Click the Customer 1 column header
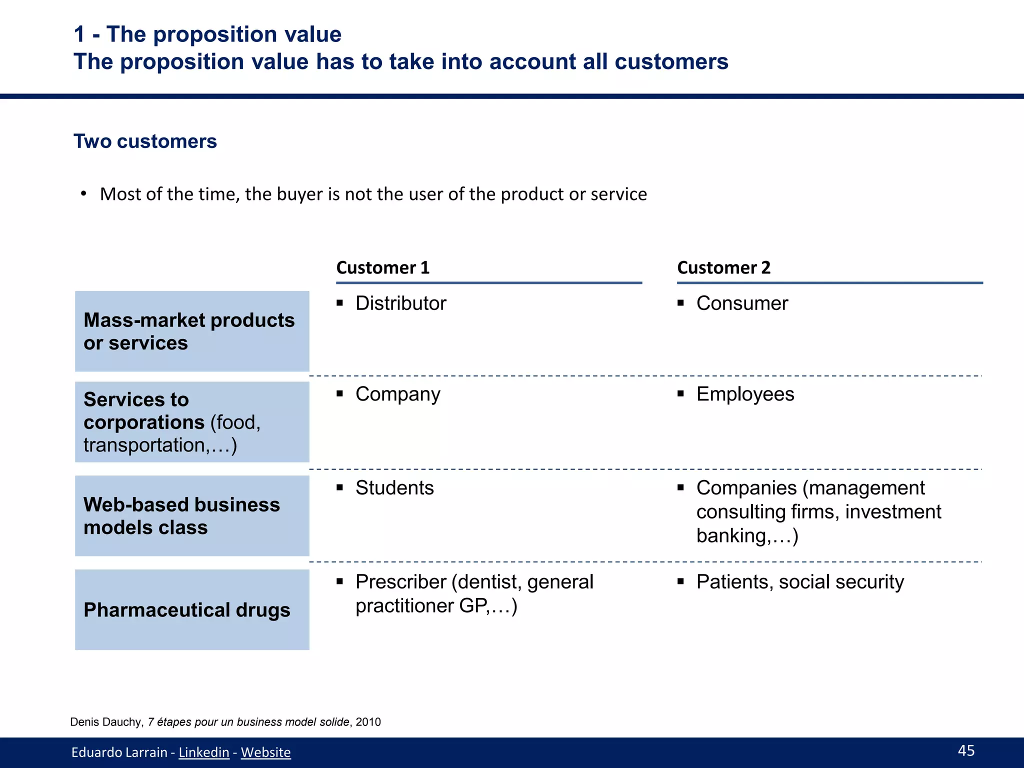[x=383, y=268]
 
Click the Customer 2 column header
[x=723, y=268]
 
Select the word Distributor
[x=400, y=303]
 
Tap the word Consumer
[x=742, y=303]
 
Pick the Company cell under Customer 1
[x=397, y=394]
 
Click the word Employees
[x=745, y=394]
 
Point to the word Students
[x=394, y=488]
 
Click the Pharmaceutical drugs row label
[x=187, y=610]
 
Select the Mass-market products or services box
[x=191, y=331]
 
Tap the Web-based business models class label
[x=181, y=516]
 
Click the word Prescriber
[x=400, y=582]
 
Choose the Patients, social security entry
[x=800, y=582]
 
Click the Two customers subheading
[x=145, y=141]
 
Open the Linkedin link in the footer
[x=204, y=752]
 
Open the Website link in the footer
[x=265, y=752]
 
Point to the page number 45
[x=966, y=750]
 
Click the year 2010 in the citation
[x=368, y=722]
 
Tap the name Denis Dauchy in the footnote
[x=106, y=722]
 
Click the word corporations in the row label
[x=144, y=422]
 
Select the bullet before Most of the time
[x=84, y=194]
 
